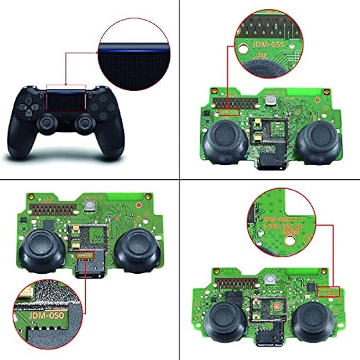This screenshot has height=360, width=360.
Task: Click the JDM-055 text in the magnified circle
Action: tap(267, 46)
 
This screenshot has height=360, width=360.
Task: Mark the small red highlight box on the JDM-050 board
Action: tap(85, 256)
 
